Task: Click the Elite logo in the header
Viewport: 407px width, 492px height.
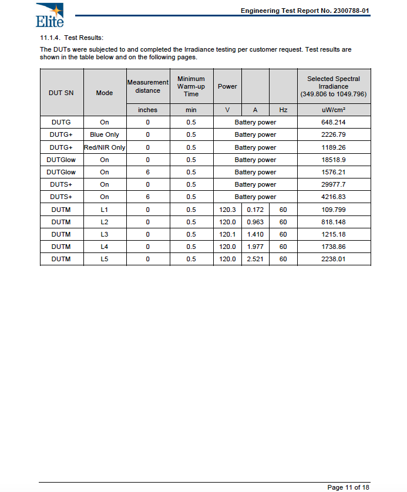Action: [x=49, y=15]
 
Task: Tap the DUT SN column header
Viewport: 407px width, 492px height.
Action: [x=61, y=93]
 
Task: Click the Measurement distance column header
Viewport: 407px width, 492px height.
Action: [x=147, y=86]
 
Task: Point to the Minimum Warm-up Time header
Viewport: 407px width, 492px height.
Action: [x=191, y=86]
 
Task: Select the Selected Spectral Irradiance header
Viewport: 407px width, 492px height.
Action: [x=334, y=86]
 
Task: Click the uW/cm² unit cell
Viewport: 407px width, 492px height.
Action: [x=334, y=110]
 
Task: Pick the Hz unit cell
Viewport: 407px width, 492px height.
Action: [x=283, y=110]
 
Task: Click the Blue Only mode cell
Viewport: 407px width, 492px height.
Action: [x=105, y=134]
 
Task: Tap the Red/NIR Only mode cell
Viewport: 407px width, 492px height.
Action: [x=105, y=147]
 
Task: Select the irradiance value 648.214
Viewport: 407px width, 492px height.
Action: [x=334, y=122]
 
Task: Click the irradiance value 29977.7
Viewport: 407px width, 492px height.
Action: [x=334, y=184]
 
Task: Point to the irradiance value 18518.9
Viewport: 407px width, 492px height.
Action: [x=334, y=160]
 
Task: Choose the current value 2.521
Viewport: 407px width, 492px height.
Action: [x=255, y=259]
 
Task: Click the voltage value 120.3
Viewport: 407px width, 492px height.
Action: [x=227, y=210]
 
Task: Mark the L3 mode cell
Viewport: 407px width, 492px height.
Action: [x=105, y=234]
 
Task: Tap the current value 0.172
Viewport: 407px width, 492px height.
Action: [x=255, y=210]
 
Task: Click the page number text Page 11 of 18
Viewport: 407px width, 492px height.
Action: [x=348, y=487]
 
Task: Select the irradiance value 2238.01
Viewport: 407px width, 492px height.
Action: [x=334, y=259]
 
